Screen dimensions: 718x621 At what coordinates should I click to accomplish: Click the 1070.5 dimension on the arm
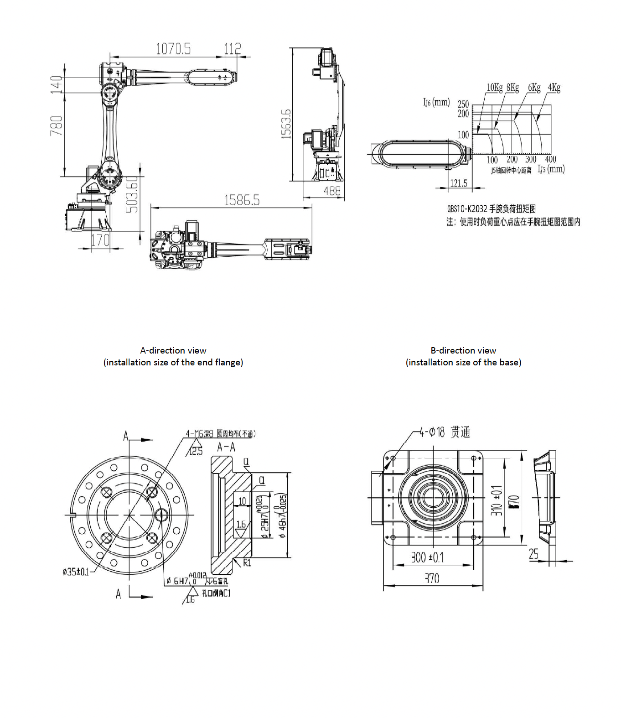[173, 49]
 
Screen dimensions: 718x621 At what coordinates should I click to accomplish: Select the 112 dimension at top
[233, 48]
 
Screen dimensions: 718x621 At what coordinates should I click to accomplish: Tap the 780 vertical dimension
[56, 125]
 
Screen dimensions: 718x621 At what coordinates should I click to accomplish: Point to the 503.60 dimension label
[132, 194]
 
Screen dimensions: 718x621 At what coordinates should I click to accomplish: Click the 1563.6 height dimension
[286, 124]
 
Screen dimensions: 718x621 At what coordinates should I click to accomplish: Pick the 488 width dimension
[332, 191]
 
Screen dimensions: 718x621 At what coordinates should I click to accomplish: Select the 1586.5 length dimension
[242, 200]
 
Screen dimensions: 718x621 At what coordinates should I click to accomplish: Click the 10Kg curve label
[494, 87]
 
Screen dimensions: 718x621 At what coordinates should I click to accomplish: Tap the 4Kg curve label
[554, 87]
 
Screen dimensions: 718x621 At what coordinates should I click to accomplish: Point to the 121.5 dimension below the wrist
[459, 183]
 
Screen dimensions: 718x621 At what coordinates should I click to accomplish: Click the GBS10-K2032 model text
[467, 209]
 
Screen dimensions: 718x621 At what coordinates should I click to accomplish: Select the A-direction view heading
[173, 350]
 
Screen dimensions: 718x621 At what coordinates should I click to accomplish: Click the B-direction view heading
[463, 350]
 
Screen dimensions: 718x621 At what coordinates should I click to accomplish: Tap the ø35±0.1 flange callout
[76, 572]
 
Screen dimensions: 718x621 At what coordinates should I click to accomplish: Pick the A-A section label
[226, 447]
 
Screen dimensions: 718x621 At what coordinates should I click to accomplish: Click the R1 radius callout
[247, 563]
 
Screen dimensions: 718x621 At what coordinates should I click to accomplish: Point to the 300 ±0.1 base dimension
[427, 557]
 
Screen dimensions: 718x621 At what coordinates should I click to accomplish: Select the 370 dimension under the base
[432, 578]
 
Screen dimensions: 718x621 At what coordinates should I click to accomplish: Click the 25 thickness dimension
[534, 554]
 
